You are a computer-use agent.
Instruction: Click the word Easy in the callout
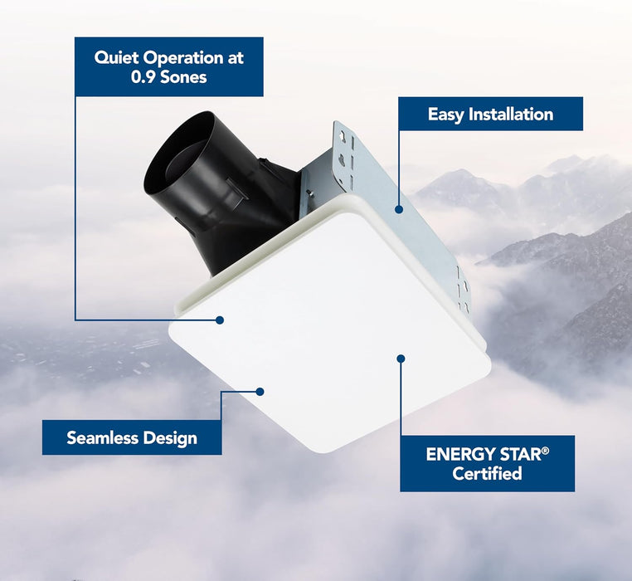click(445, 115)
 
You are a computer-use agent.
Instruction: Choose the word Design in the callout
click(168, 437)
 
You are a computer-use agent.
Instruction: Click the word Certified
click(487, 474)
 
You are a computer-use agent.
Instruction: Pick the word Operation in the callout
click(192, 58)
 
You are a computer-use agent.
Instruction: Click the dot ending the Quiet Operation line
click(221, 320)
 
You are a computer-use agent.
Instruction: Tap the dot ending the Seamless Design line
click(260, 391)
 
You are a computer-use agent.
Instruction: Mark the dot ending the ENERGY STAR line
click(401, 359)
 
